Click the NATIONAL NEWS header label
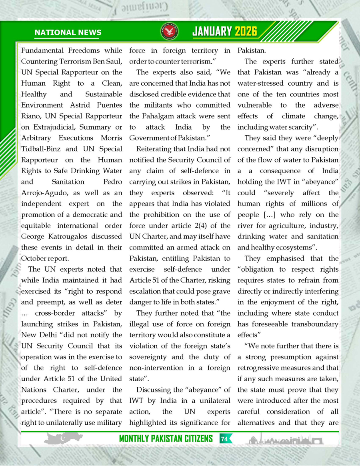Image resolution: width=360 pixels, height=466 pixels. [x=68, y=33]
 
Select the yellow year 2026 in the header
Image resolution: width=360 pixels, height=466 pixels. [x=246, y=32]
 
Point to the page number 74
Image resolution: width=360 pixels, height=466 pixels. [x=224, y=439]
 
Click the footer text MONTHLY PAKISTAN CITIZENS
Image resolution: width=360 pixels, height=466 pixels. [x=166, y=439]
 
